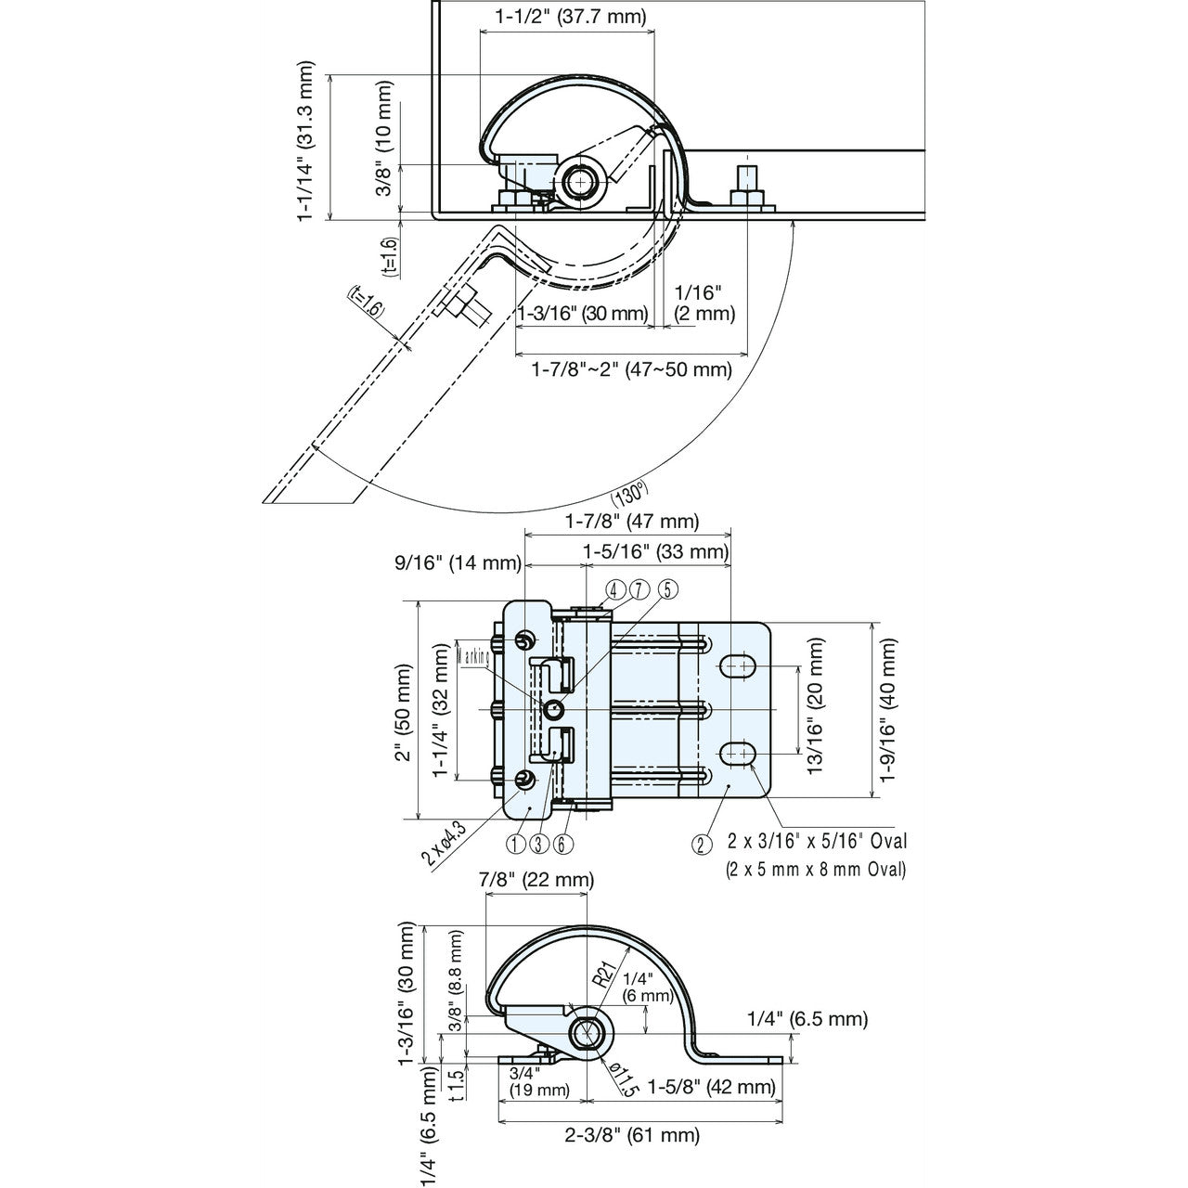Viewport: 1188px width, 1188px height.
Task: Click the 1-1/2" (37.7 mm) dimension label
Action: tap(570, 16)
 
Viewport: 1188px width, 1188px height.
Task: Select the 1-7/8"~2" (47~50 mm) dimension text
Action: tap(631, 369)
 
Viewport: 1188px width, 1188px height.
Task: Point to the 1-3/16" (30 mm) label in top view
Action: tap(582, 314)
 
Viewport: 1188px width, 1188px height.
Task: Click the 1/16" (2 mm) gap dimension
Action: tap(704, 303)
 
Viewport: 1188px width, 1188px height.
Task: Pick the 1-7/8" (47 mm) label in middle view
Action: tap(632, 522)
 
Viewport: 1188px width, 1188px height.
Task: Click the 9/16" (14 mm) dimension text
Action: tap(457, 562)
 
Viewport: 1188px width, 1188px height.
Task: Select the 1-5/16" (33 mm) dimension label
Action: tap(655, 552)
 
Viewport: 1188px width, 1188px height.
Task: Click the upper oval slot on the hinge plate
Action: tap(738, 665)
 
